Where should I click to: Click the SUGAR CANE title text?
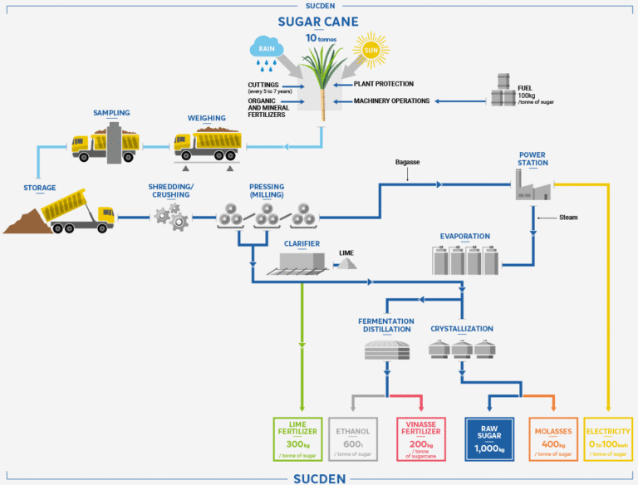click(x=319, y=22)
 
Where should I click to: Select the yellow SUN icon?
click(x=371, y=51)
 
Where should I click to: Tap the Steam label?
click(x=568, y=218)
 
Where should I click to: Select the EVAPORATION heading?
click(x=465, y=236)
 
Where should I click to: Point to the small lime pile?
click(x=346, y=262)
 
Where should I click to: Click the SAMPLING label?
click(x=112, y=113)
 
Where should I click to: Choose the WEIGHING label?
click(x=207, y=118)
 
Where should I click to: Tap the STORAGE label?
click(x=39, y=188)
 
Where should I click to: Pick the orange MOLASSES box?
click(x=552, y=437)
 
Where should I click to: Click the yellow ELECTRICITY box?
click(x=608, y=437)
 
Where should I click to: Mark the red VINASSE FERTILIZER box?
click(x=421, y=437)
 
